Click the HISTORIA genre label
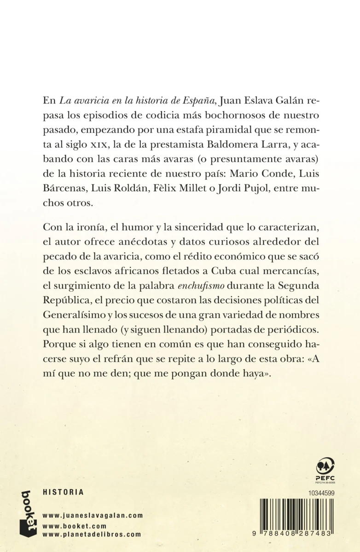click(x=63, y=492)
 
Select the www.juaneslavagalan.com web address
click(x=93, y=516)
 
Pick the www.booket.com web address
click(x=74, y=526)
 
